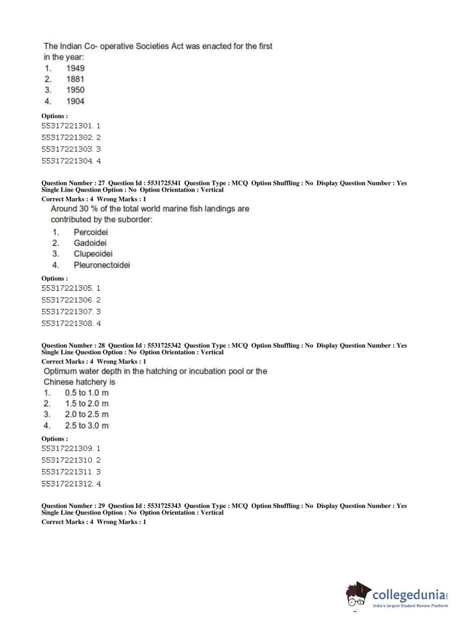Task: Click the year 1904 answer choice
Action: (x=75, y=101)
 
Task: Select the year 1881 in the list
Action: (x=75, y=79)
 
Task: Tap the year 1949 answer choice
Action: (x=75, y=68)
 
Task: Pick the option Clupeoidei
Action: (x=93, y=254)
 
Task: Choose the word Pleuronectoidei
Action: (x=102, y=265)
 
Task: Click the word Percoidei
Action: (x=91, y=232)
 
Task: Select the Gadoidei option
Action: (x=90, y=243)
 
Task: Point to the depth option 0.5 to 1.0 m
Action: (x=87, y=393)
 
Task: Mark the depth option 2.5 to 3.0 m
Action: (x=87, y=426)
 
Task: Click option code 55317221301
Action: (x=67, y=126)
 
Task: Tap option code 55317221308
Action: (x=67, y=323)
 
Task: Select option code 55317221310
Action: (x=67, y=460)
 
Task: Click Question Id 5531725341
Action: (x=164, y=183)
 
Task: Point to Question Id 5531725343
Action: (x=164, y=506)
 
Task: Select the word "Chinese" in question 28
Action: (x=58, y=382)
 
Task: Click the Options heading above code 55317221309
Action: (x=54, y=439)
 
